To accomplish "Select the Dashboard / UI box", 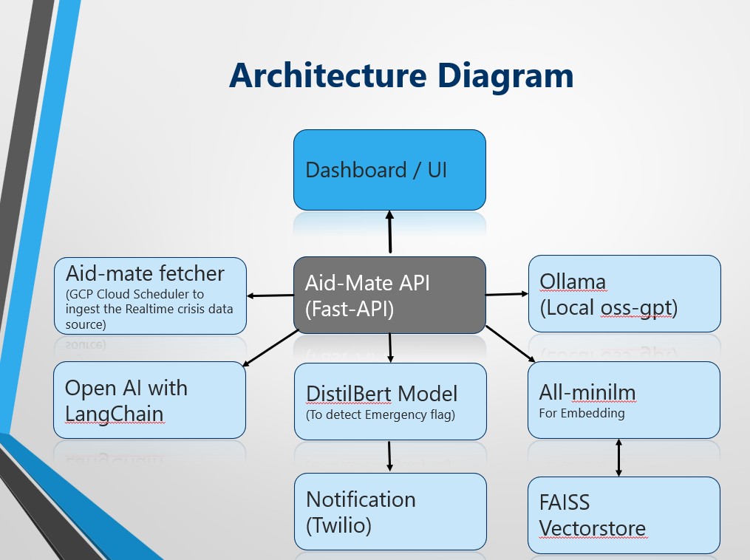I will [389, 170].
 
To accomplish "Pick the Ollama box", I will [624, 293].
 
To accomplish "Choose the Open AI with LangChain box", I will [149, 400].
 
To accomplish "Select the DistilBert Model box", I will [389, 402].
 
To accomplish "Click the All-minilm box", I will [624, 400].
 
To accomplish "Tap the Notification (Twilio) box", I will [389, 512].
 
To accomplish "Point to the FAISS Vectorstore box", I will [624, 515].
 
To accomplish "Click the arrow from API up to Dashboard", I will [389, 233].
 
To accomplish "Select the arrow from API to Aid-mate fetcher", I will [270, 296].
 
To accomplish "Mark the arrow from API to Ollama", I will [507, 294].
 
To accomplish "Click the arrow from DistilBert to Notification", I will [389, 457].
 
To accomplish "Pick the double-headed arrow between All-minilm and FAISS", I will [618, 457].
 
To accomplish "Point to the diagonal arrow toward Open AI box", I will [270, 347].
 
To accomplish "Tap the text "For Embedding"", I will [582, 413].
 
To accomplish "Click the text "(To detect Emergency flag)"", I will [381, 415].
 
